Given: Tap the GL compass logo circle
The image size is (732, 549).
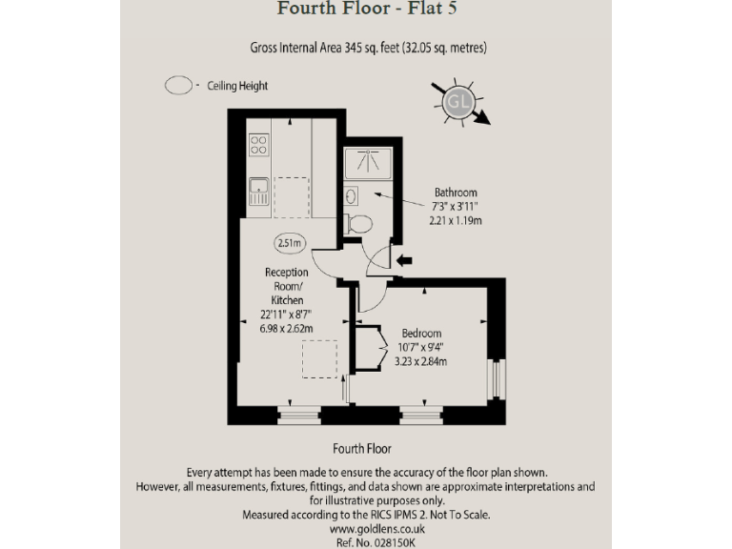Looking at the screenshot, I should [458, 101].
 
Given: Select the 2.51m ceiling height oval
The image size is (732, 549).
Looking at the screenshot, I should [289, 243].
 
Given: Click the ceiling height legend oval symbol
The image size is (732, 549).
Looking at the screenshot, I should [178, 86].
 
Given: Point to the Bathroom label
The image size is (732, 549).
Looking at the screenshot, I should [456, 192].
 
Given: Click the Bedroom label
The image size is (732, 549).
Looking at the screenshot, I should [420, 333].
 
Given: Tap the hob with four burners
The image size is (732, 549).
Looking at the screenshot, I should [258, 144].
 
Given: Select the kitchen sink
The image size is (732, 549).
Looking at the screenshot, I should [258, 193].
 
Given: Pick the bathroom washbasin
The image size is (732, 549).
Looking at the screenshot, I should [351, 196].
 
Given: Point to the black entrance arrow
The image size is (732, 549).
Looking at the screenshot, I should [404, 259].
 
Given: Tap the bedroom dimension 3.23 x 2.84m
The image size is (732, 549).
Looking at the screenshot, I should [420, 361].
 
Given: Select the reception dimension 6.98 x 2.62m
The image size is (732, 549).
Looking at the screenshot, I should [286, 329].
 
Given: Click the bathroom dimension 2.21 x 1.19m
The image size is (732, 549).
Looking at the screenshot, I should [456, 221].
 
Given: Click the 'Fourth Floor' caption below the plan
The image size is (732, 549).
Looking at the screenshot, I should [362, 448].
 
